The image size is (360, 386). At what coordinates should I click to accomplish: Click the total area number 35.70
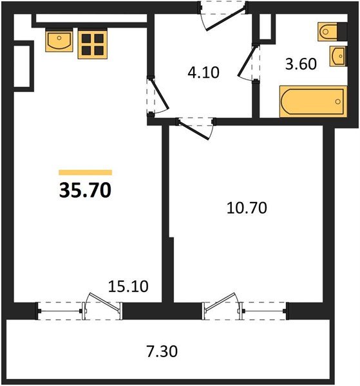coord(85,190)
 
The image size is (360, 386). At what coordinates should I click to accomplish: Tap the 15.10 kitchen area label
coord(128,286)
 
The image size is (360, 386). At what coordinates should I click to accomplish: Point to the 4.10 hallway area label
coord(204,73)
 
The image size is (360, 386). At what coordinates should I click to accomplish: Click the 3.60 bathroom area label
coord(301,64)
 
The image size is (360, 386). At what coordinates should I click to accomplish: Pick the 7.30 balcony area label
coord(162,351)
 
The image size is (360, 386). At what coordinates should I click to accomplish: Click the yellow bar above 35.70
coord(85,172)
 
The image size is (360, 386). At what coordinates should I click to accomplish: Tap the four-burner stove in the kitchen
coord(93,44)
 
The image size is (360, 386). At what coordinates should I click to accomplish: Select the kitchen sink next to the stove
coord(59,40)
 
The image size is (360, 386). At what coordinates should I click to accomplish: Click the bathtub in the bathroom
coord(313,102)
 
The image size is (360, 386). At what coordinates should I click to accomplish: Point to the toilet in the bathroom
coord(332,32)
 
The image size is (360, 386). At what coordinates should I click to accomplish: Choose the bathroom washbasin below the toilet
coord(338,56)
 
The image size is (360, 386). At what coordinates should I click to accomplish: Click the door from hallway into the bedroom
coord(194,129)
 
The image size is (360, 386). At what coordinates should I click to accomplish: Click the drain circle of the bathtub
coord(338,102)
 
